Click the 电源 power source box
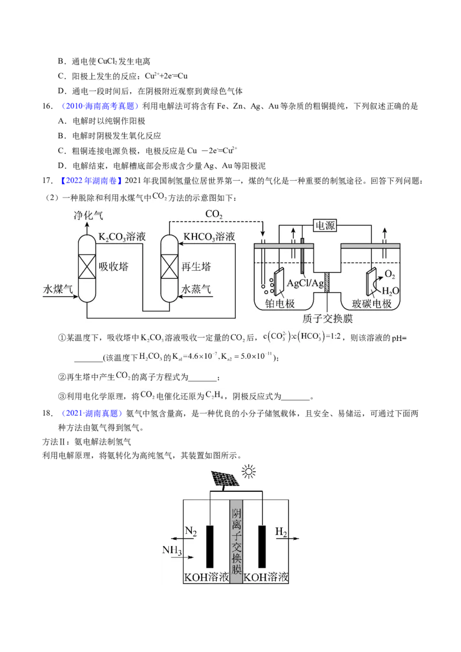(x=324, y=225)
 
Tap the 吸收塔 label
(x=114, y=267)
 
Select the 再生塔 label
(x=197, y=267)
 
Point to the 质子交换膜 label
(x=327, y=319)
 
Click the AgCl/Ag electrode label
(x=305, y=283)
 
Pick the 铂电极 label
(x=279, y=304)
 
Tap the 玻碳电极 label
(x=372, y=304)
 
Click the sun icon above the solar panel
(x=248, y=472)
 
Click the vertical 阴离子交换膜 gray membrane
(x=236, y=541)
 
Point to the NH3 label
(x=172, y=550)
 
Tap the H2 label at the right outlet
(x=281, y=532)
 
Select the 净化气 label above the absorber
(x=88, y=215)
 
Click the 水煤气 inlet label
(x=58, y=289)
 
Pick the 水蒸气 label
(x=197, y=289)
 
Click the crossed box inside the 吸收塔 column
(x=87, y=267)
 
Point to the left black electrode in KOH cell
(x=210, y=547)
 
